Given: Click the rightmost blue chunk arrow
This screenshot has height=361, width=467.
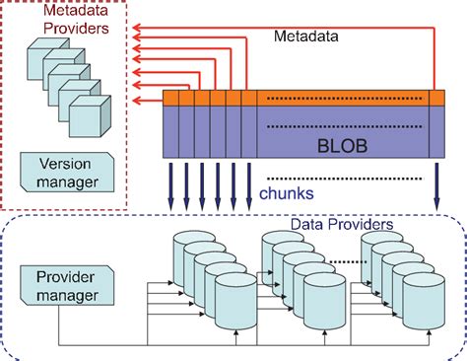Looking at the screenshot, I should (x=435, y=186).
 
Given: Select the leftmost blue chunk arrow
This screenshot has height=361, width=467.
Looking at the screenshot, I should (x=170, y=186).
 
